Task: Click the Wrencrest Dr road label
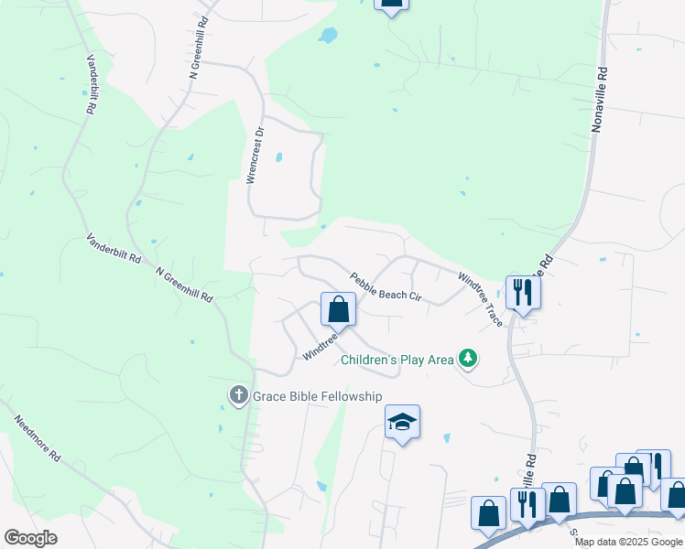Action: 258,156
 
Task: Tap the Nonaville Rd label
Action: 600,100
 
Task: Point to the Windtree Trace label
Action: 480,299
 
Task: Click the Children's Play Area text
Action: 397,360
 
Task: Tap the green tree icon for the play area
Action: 468,358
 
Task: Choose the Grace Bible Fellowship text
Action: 317,395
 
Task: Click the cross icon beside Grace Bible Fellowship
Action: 238,395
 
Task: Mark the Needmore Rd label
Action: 38,438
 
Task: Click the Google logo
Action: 30,538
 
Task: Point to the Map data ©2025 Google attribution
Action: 628,542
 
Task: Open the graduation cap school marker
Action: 402,423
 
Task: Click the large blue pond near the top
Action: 327,36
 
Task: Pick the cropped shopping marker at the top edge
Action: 391,5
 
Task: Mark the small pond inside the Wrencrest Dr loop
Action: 278,157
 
